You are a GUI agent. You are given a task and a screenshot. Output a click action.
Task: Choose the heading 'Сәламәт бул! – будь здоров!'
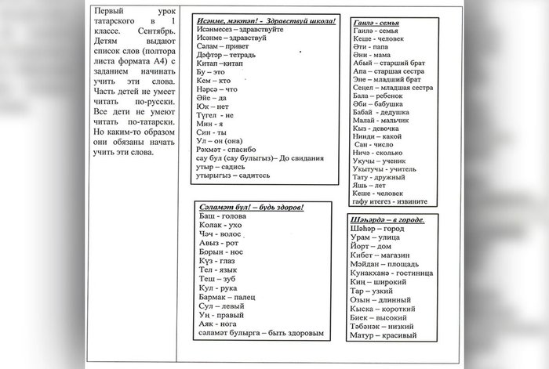tap(251, 207)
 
